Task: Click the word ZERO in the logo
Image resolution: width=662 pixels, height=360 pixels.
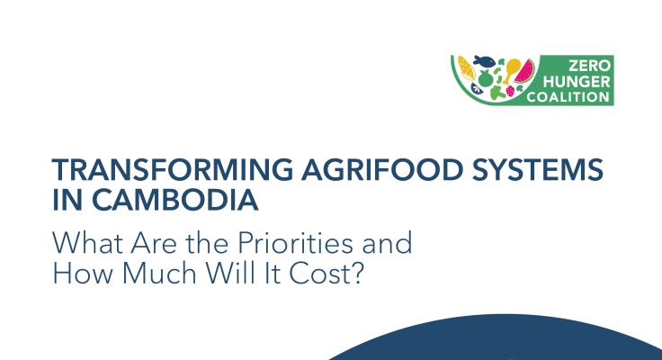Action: (x=590, y=66)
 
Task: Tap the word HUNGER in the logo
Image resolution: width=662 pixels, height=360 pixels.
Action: (x=577, y=82)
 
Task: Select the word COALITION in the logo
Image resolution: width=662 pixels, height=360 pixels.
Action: (x=568, y=97)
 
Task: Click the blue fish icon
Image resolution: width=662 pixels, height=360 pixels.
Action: (x=484, y=61)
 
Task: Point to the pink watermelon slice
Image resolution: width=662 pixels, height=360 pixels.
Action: (x=524, y=71)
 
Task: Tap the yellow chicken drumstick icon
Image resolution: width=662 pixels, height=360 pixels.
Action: (x=511, y=69)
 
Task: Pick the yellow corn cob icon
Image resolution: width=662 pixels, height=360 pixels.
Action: (x=466, y=68)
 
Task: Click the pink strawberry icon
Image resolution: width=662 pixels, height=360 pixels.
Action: (x=510, y=91)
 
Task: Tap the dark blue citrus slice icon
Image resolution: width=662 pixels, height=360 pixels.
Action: (x=477, y=88)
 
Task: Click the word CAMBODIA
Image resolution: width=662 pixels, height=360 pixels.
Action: (x=174, y=200)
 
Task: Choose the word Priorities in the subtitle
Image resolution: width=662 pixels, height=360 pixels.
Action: (x=295, y=242)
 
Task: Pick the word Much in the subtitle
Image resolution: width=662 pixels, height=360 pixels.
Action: (x=159, y=273)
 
